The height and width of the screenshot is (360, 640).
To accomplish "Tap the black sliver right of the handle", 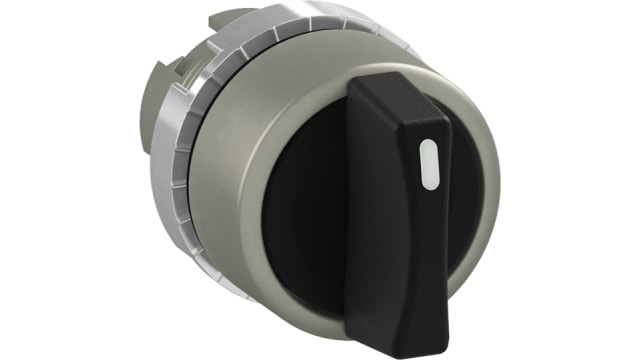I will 463,200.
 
